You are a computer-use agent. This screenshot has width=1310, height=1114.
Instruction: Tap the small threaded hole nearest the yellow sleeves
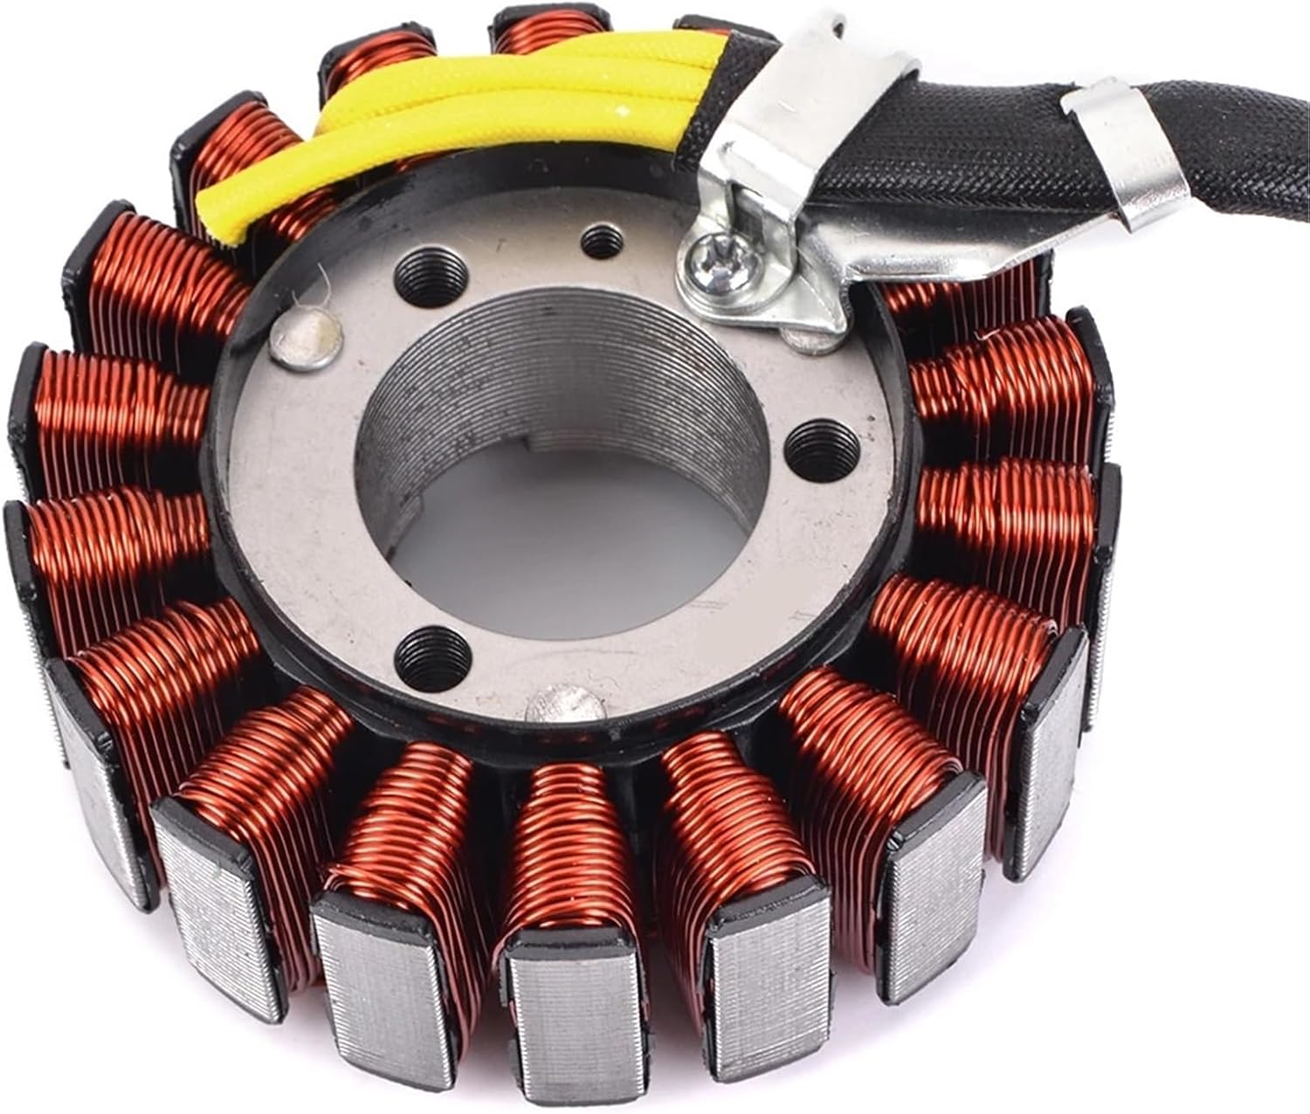598,240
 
